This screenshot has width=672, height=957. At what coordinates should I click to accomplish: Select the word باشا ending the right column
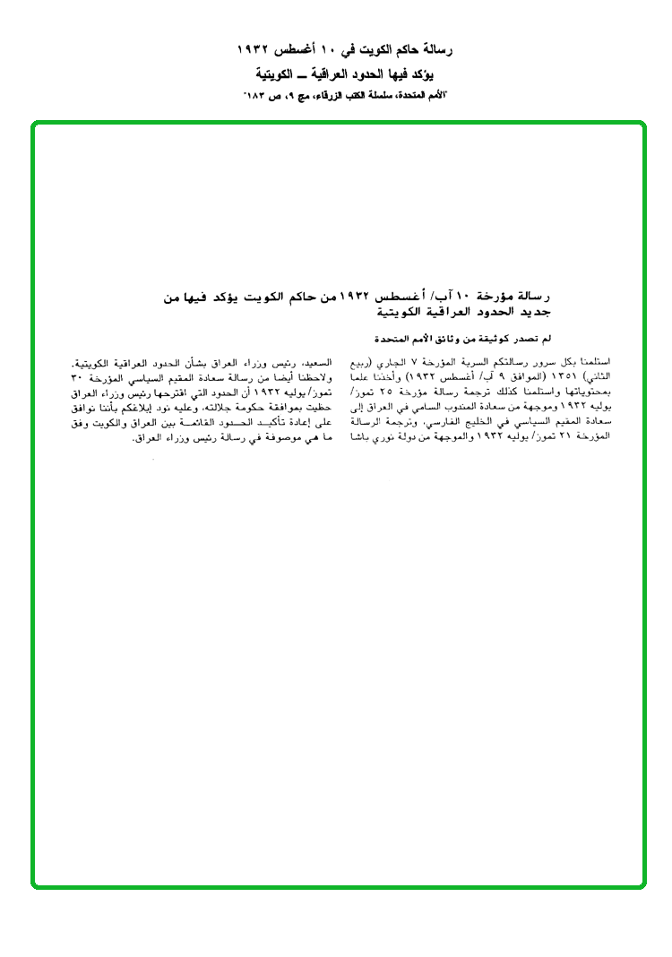click(x=358, y=435)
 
